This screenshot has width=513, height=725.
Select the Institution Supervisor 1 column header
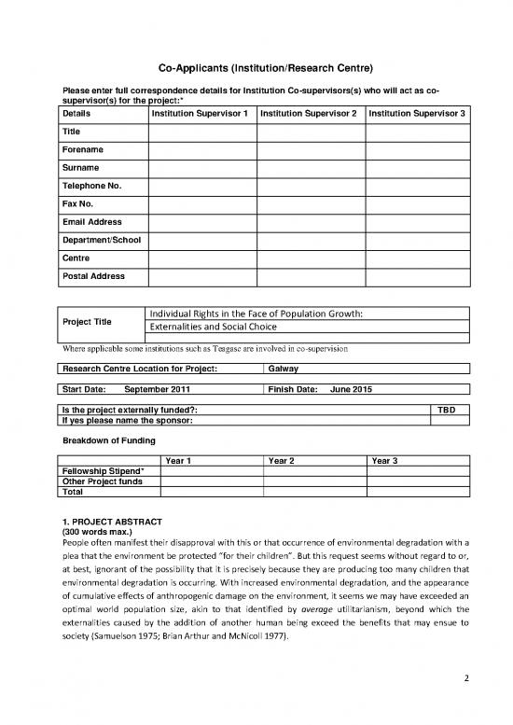click(201, 113)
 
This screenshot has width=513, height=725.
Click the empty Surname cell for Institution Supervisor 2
click(311, 167)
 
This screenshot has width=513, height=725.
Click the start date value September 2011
click(158, 388)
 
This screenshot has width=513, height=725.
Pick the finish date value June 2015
click(352, 388)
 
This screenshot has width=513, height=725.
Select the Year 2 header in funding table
click(281, 460)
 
